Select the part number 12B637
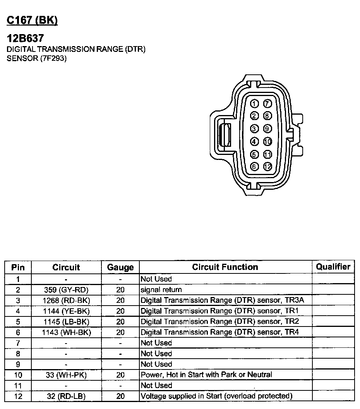pyautogui.click(x=25, y=38)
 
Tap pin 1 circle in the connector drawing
pyautogui.click(x=254, y=104)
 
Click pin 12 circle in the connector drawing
pyautogui.click(x=267, y=167)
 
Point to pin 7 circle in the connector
pyautogui.click(x=267, y=104)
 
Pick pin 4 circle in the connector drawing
pyautogui.click(x=254, y=141)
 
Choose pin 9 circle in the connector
pyautogui.click(x=267, y=129)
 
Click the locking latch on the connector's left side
pyautogui.click(x=224, y=135)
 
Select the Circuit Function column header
pyautogui.click(x=225, y=267)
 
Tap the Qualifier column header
pyautogui.click(x=333, y=266)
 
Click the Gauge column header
pyautogui.click(x=120, y=267)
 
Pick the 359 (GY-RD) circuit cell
pyautogui.click(x=66, y=290)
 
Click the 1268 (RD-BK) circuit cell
pyautogui.click(x=66, y=300)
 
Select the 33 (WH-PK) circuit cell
pyautogui.click(x=66, y=375)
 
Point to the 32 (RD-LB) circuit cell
pyautogui.click(x=66, y=396)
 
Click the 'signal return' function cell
pyautogui.click(x=161, y=290)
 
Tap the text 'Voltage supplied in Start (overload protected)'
pyautogui.click(x=216, y=396)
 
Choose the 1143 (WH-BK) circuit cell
pyautogui.click(x=66, y=332)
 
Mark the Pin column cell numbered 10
pyautogui.click(x=18, y=375)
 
